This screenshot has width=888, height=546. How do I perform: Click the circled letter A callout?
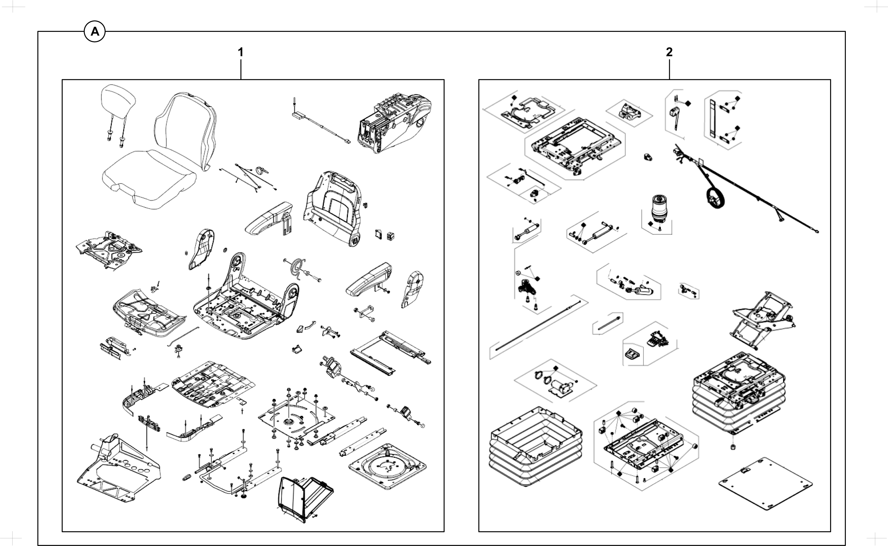point(95,32)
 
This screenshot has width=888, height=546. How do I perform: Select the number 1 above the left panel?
point(240,53)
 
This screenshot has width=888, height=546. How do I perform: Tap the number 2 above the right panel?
point(669,53)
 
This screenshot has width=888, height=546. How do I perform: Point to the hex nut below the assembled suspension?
point(733,447)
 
